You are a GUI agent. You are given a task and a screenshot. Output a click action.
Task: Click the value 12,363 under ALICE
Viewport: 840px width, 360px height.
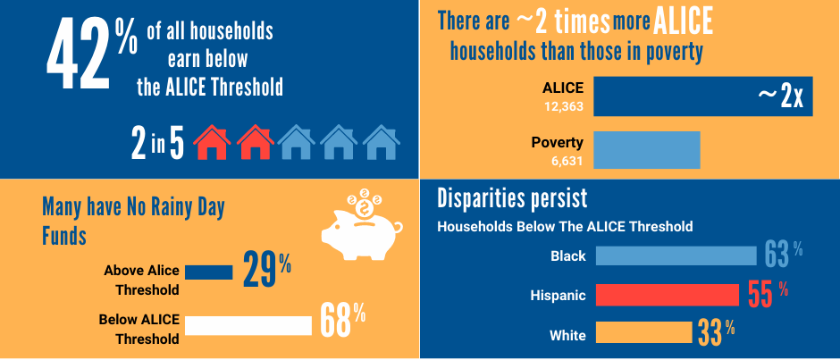click(562, 106)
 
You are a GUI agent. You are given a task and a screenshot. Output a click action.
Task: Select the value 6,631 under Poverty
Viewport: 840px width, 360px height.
click(562, 160)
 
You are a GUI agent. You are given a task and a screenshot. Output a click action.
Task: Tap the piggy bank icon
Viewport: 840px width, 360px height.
click(357, 223)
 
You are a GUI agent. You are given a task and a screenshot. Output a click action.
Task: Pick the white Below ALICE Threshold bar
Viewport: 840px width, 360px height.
click(249, 325)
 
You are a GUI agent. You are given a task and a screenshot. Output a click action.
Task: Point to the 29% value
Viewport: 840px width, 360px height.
click(266, 272)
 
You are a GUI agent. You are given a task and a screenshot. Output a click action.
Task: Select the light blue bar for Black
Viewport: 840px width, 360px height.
click(676, 256)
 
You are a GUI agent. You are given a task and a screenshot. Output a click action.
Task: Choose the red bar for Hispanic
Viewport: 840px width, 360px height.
click(667, 295)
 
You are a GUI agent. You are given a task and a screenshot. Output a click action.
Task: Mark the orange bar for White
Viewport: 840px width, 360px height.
click(643, 333)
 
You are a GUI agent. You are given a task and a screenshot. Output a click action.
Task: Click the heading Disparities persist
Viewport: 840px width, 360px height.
click(512, 198)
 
